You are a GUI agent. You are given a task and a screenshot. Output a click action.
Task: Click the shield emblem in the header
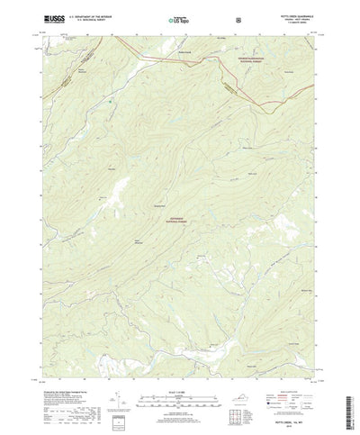(237, 18)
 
